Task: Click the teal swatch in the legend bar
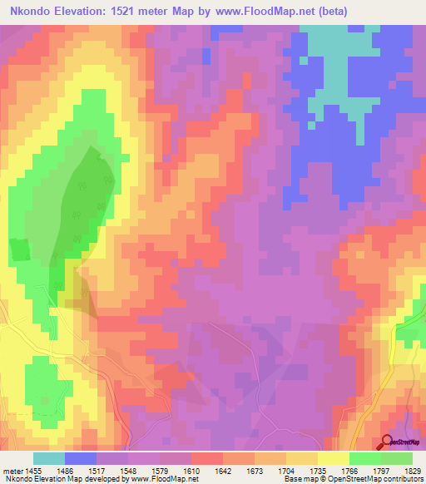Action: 49,458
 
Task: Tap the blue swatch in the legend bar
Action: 81,458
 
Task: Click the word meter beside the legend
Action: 12,470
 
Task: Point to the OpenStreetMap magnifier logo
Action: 386,442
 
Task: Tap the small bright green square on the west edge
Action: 17,249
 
